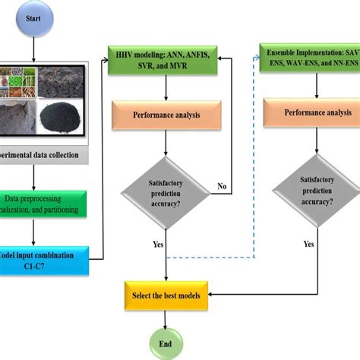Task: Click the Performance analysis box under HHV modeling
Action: click(x=166, y=115)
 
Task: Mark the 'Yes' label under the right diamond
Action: click(x=308, y=245)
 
